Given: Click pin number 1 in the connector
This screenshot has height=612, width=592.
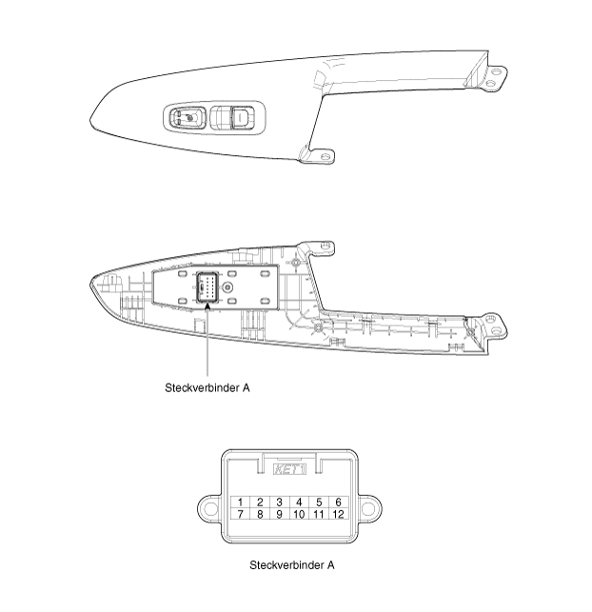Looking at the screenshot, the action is (x=240, y=502).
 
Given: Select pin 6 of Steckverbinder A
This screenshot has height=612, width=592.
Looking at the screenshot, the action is (x=338, y=502).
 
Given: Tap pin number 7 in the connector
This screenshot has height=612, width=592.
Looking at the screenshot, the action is (x=240, y=514).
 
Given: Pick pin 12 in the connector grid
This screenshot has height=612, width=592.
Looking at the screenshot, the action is (x=338, y=514).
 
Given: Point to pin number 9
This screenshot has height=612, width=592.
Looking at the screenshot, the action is (x=279, y=514).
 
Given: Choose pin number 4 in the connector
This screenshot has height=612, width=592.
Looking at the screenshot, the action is (x=299, y=502).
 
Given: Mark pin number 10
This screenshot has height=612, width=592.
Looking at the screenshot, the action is (x=299, y=514).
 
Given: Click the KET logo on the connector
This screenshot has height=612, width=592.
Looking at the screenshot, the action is (x=289, y=469).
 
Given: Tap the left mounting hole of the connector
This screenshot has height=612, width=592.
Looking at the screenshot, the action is (x=210, y=508).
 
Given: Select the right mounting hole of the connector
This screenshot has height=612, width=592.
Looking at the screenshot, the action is (x=368, y=508).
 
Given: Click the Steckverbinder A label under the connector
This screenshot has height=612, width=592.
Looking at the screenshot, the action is (x=292, y=564).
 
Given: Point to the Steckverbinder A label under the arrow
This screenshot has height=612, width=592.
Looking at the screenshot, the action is (x=207, y=387).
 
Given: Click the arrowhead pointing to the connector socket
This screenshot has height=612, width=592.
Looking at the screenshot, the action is (x=207, y=306).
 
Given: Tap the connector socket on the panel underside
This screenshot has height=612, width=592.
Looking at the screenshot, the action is (x=207, y=287).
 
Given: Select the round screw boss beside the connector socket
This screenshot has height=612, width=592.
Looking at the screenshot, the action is (x=227, y=287).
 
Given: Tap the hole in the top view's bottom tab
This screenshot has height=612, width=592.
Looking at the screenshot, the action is (x=325, y=156).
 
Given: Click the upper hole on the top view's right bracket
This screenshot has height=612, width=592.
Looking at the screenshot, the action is (x=496, y=72).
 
